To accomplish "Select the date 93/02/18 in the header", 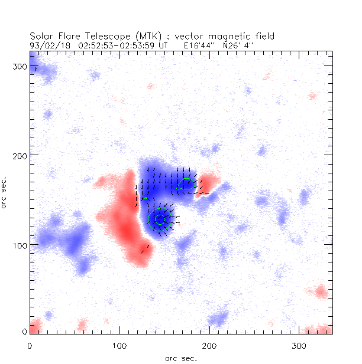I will (47, 44).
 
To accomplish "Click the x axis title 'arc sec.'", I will (181, 357).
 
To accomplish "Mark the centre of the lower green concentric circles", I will (159, 219).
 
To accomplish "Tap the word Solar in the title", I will (41, 36).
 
